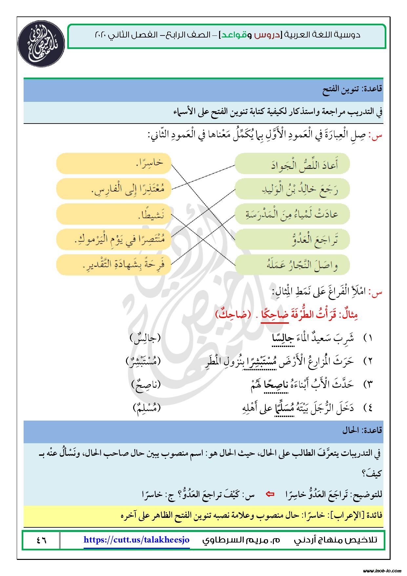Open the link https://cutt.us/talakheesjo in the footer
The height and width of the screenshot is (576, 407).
point(136,540)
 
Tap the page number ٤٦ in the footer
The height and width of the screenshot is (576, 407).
point(41,540)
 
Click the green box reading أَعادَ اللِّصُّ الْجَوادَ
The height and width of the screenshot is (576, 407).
point(292,164)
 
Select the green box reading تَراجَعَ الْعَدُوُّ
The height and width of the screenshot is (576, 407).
point(292,240)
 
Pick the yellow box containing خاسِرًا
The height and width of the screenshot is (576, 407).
point(114,163)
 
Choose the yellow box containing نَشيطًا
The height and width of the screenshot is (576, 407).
point(114,214)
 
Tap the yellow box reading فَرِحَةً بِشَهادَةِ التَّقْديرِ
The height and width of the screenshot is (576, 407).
point(114,265)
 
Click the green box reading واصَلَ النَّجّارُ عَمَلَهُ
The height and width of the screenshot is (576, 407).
point(292,265)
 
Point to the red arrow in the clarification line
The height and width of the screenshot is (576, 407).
point(270,494)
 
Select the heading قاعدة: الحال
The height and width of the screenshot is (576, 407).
point(362,430)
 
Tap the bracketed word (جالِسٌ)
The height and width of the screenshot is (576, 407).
point(145,338)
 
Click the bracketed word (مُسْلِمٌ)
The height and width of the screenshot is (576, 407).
point(147,408)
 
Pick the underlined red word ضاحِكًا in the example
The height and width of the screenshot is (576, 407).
point(275,314)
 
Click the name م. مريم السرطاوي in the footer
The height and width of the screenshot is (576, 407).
point(241,540)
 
